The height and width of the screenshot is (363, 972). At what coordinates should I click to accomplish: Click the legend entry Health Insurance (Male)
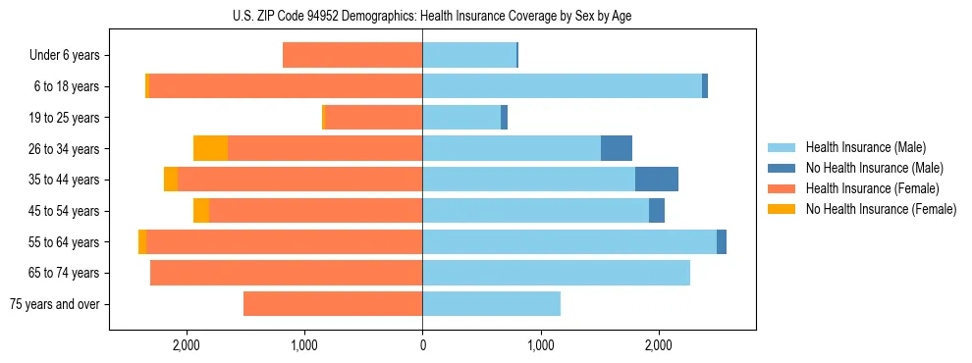tap(865, 147)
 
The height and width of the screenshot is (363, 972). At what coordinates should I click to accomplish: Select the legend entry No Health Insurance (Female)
tap(881, 209)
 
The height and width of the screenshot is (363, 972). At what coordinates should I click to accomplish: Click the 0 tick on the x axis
tap(422, 345)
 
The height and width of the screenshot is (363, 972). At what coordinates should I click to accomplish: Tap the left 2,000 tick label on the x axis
tap(186, 345)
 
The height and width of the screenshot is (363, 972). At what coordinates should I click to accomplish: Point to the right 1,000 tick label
tap(541, 345)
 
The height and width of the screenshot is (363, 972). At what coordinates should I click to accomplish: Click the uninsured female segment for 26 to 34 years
tap(210, 148)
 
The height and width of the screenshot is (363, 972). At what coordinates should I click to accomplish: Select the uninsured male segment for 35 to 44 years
tap(657, 180)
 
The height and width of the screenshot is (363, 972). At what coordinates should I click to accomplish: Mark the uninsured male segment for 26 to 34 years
tap(617, 148)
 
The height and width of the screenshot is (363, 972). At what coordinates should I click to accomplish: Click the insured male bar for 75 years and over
tap(491, 304)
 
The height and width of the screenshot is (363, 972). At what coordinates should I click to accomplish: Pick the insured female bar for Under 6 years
tap(352, 55)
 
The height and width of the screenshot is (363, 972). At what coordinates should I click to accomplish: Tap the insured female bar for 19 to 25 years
tap(373, 118)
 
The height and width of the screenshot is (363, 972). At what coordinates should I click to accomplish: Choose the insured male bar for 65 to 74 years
tap(556, 273)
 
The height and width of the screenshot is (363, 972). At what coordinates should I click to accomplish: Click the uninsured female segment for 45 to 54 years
tap(201, 211)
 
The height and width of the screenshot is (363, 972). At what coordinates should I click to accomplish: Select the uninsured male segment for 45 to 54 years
tap(657, 211)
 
